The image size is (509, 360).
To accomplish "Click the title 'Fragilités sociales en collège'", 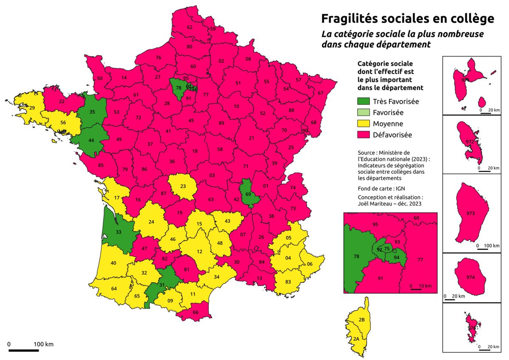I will point(407,19).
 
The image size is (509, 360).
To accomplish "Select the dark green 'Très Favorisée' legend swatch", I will point(364,101).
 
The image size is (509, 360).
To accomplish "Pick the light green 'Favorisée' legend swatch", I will point(364,112).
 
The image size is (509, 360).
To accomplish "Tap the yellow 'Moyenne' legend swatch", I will point(364,124).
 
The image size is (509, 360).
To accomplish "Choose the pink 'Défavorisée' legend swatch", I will point(364,135).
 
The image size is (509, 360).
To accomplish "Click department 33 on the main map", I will point(118,232).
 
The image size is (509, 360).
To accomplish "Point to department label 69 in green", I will point(248,194).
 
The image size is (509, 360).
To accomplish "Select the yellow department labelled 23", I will point(183,186).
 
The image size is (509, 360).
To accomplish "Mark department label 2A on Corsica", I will point(357,338).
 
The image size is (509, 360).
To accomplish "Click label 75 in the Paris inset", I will point(386,249).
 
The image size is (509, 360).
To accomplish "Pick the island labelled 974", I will point(470,277).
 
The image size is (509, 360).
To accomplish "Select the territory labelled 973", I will point(470,213).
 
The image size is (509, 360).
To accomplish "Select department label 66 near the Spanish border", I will point(196,312).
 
